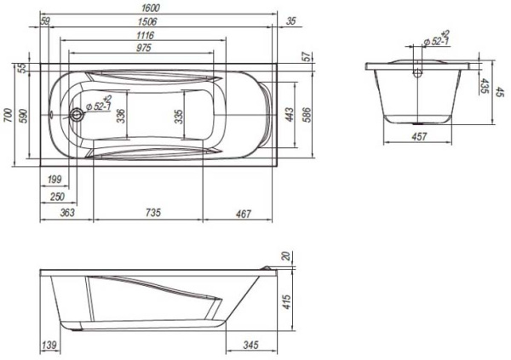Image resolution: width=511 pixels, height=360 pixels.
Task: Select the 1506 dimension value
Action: (x=147, y=21)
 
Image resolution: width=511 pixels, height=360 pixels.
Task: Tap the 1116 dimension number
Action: (x=145, y=35)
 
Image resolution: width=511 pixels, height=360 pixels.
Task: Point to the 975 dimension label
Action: (x=144, y=48)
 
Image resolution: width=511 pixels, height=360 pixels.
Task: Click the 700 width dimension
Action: (x=9, y=115)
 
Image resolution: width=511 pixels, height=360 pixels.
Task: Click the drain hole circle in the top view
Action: (x=77, y=115)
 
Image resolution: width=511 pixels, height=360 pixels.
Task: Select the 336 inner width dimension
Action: (x=121, y=116)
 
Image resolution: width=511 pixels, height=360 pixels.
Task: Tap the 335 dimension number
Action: (x=179, y=117)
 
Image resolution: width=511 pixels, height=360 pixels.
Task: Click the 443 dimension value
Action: (x=289, y=114)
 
